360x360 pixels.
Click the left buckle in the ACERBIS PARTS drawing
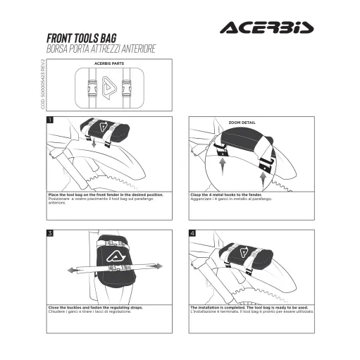pyautogui.click(x=90, y=89)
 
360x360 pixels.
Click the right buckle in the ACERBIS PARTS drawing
pyautogui.click(x=127, y=89)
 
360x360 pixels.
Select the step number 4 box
pyautogui.click(x=192, y=232)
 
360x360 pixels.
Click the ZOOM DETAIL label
pyautogui.click(x=242, y=122)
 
